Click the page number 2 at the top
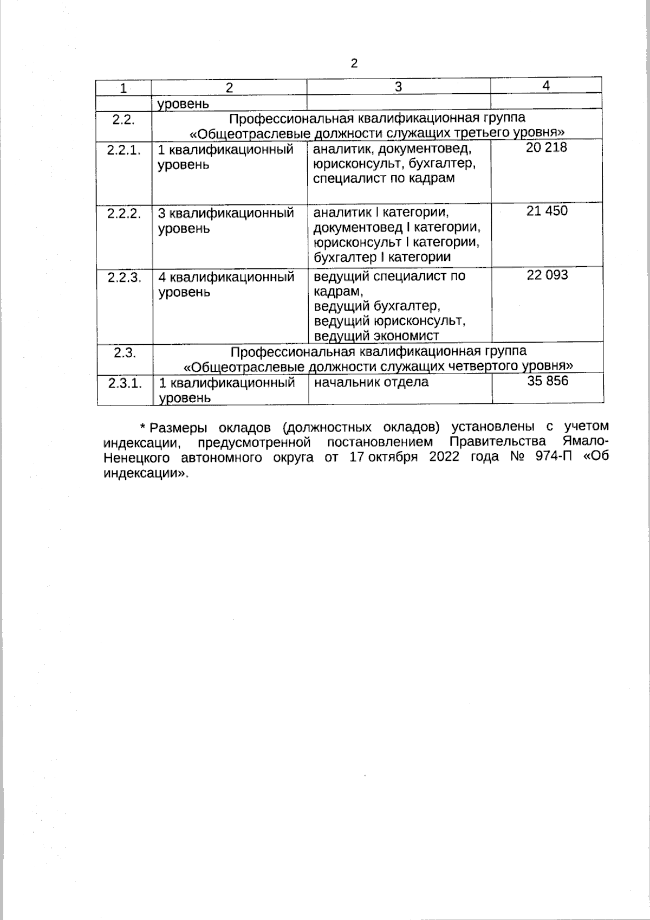(x=354, y=64)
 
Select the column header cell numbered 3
(x=398, y=87)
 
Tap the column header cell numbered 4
(x=546, y=86)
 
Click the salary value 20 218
(x=547, y=147)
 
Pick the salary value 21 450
(x=547, y=211)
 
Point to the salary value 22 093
(x=547, y=275)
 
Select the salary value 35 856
(x=548, y=381)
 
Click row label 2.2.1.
(x=124, y=150)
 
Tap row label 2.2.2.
(x=124, y=214)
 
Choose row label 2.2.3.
(x=124, y=278)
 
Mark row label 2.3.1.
(x=125, y=383)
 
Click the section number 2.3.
(x=125, y=353)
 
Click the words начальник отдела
(x=371, y=382)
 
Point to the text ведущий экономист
(x=376, y=336)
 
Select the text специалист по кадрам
(x=384, y=178)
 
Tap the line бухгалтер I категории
(x=382, y=257)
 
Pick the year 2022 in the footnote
(x=444, y=456)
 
